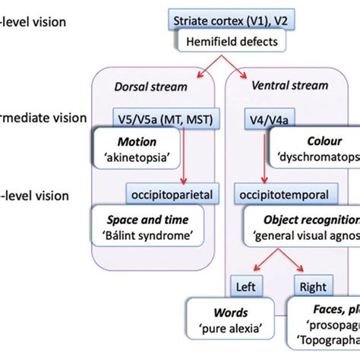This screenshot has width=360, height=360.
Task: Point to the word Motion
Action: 139,141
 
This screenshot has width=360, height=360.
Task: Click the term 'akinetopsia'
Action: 139,157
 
